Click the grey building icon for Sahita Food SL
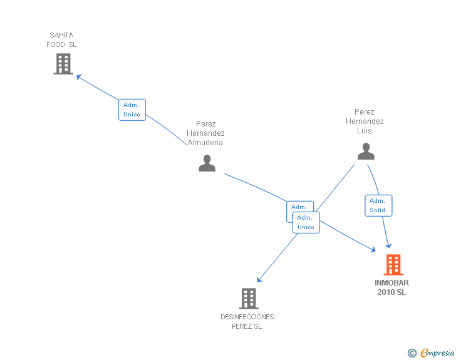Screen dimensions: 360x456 coord(63,64)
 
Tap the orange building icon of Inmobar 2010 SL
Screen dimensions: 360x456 coord(393,265)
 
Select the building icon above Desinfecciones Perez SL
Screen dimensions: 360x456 coord(249,299)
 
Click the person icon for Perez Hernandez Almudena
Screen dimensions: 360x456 coord(207,163)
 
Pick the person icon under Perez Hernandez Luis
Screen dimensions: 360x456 coord(366,152)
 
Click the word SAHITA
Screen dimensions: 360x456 coord(61,35)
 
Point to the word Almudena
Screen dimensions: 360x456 coord(205,143)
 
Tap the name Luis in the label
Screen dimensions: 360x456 coord(365,131)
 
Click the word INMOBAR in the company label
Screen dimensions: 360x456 coord(392,283)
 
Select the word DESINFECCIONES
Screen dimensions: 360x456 coord(247,317)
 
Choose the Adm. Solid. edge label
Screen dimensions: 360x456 coord(378,205)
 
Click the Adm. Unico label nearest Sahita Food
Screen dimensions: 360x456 coord(132,110)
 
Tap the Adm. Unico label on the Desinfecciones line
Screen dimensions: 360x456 coord(306,222)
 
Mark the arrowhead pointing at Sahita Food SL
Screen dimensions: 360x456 coord(78,76)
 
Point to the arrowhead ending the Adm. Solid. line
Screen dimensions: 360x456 coord(389,245)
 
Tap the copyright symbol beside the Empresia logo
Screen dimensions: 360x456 coord(412,353)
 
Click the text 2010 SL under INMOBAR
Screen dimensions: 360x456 coord(391,292)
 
